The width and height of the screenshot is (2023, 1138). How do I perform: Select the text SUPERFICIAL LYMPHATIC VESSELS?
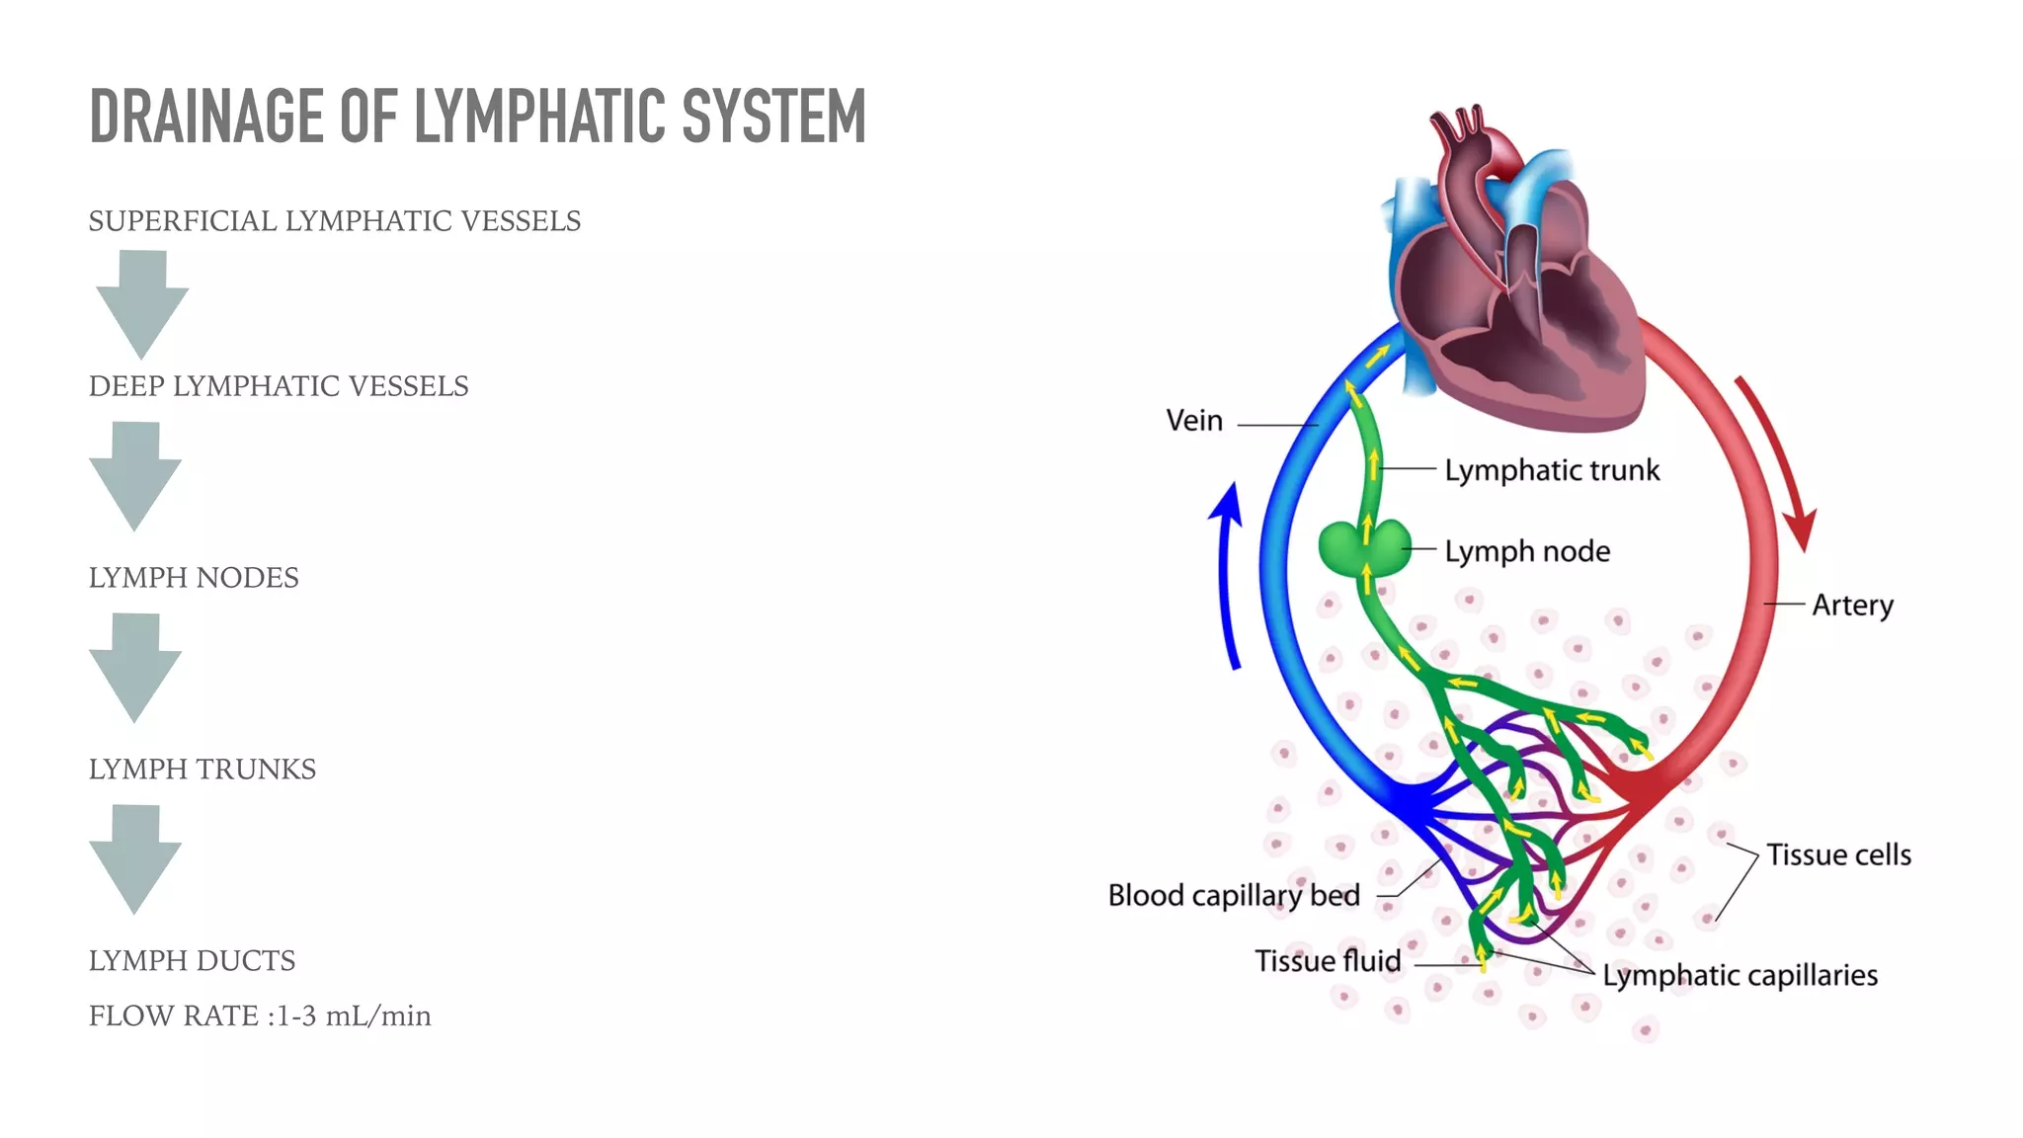click(x=334, y=221)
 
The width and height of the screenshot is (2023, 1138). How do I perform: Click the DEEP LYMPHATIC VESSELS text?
click(x=279, y=386)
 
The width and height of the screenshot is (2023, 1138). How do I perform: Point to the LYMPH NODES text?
click(x=194, y=578)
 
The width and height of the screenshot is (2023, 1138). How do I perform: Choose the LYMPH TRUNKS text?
click(x=202, y=770)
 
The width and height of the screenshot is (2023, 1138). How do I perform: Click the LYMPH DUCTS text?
click(x=192, y=961)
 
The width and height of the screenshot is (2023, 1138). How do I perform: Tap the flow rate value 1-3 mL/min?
click(x=353, y=1016)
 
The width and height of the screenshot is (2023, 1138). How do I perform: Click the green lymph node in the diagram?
click(x=1364, y=549)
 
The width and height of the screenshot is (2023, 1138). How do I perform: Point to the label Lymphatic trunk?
click(x=1551, y=471)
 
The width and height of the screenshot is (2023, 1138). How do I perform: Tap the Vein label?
click(x=1194, y=421)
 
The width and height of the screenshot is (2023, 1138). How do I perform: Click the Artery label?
click(x=1852, y=605)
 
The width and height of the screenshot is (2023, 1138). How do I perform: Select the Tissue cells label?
click(x=1838, y=854)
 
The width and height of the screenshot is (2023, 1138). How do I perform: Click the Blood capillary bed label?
click(x=1234, y=896)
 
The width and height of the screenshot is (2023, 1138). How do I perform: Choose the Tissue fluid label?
click(x=1328, y=961)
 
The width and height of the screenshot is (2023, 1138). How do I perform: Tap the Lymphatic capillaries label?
click(x=1740, y=976)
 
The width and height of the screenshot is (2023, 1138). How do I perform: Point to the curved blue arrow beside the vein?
click(x=1228, y=573)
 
